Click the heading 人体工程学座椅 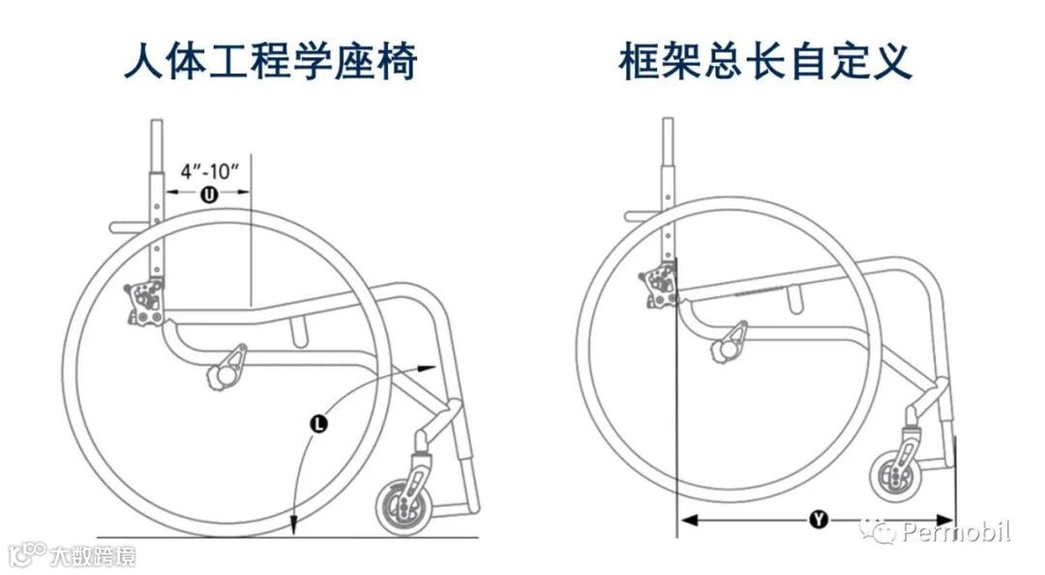(271, 63)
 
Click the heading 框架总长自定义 (765, 63)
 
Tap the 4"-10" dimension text (209, 172)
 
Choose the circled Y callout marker (818, 521)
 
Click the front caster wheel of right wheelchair (894, 474)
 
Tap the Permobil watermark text (955, 531)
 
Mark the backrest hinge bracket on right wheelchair (657, 288)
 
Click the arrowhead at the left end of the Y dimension (685, 521)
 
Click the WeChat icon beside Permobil (882, 530)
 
